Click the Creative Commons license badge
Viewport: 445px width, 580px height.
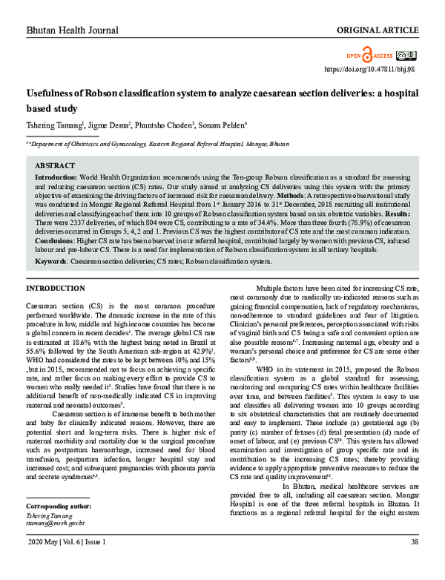pos(406,56)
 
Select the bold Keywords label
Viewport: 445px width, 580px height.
pos(52,261)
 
